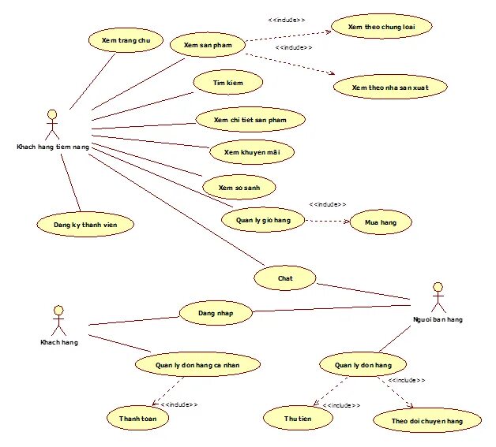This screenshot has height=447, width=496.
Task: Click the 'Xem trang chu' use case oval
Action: pyautogui.click(x=121, y=39)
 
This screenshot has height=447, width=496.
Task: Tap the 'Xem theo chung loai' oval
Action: pyautogui.click(x=381, y=27)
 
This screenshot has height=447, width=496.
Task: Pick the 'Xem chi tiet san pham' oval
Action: pyautogui.click(x=249, y=120)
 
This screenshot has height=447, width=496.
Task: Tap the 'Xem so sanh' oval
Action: pyautogui.click(x=239, y=187)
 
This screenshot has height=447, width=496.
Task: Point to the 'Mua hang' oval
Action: pyautogui.click(x=381, y=223)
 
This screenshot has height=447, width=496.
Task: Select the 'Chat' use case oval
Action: pyautogui.click(x=285, y=278)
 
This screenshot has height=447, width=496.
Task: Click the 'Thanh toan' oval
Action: pyautogui.click(x=137, y=418)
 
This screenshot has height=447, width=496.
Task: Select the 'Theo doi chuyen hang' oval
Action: pyautogui.click(x=426, y=421)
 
